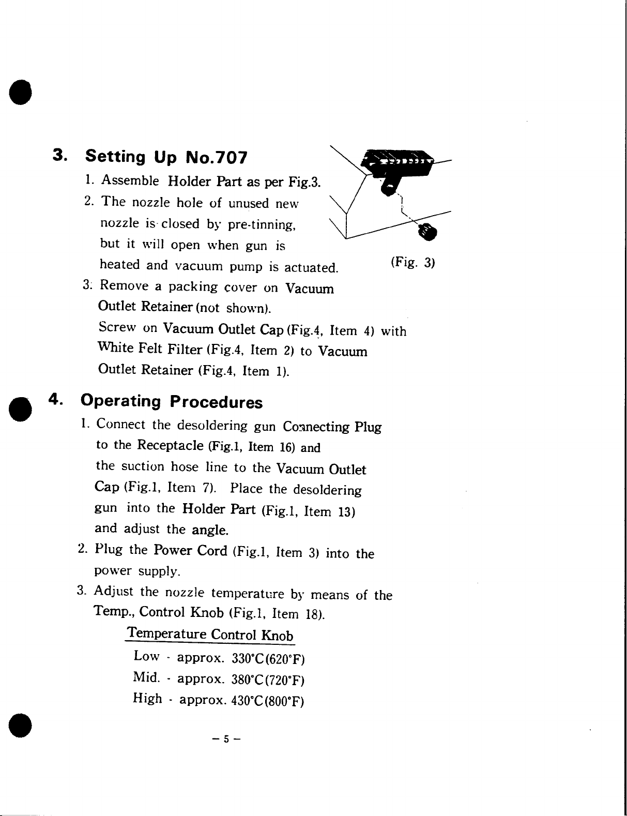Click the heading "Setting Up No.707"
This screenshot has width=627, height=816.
[x=166, y=157]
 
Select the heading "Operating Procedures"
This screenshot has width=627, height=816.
[x=172, y=401]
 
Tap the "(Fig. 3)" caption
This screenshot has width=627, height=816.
[x=413, y=262]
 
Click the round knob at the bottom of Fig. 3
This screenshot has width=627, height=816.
[x=428, y=232]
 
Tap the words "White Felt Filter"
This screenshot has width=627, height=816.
[x=150, y=349]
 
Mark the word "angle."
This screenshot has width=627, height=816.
[x=210, y=530]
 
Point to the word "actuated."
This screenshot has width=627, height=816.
[x=311, y=268]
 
